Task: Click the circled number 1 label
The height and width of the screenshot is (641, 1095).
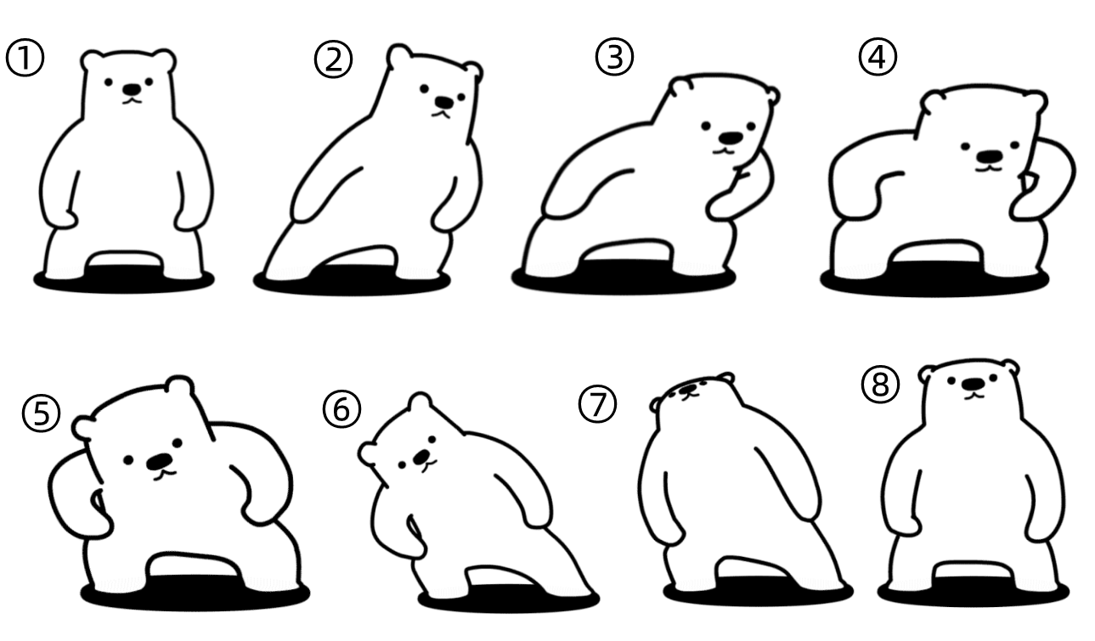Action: (x=25, y=57)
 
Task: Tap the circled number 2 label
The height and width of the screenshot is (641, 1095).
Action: (x=333, y=59)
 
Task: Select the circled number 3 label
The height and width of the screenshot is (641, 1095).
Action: (x=614, y=57)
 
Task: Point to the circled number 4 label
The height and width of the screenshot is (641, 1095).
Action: (x=878, y=57)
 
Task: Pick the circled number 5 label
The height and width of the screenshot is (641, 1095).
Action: (x=41, y=413)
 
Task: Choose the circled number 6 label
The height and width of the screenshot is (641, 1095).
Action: (x=341, y=409)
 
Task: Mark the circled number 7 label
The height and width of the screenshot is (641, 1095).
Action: (x=597, y=404)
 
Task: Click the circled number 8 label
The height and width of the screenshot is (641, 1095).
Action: (x=880, y=385)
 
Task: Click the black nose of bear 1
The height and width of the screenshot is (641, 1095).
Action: (x=132, y=89)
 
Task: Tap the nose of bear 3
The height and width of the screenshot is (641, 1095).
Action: (x=731, y=138)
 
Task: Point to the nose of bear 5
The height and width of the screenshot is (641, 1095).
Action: (x=160, y=461)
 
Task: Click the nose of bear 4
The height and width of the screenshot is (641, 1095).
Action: (x=990, y=157)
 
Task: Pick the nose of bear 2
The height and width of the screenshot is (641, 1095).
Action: (x=444, y=102)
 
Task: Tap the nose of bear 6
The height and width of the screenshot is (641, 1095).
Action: (x=421, y=457)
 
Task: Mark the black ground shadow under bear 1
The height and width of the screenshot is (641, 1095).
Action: (x=124, y=280)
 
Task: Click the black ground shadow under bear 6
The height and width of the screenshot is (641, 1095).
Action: (x=508, y=598)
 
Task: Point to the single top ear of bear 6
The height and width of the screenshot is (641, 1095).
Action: (x=420, y=402)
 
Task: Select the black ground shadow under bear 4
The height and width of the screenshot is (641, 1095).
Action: (x=934, y=281)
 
